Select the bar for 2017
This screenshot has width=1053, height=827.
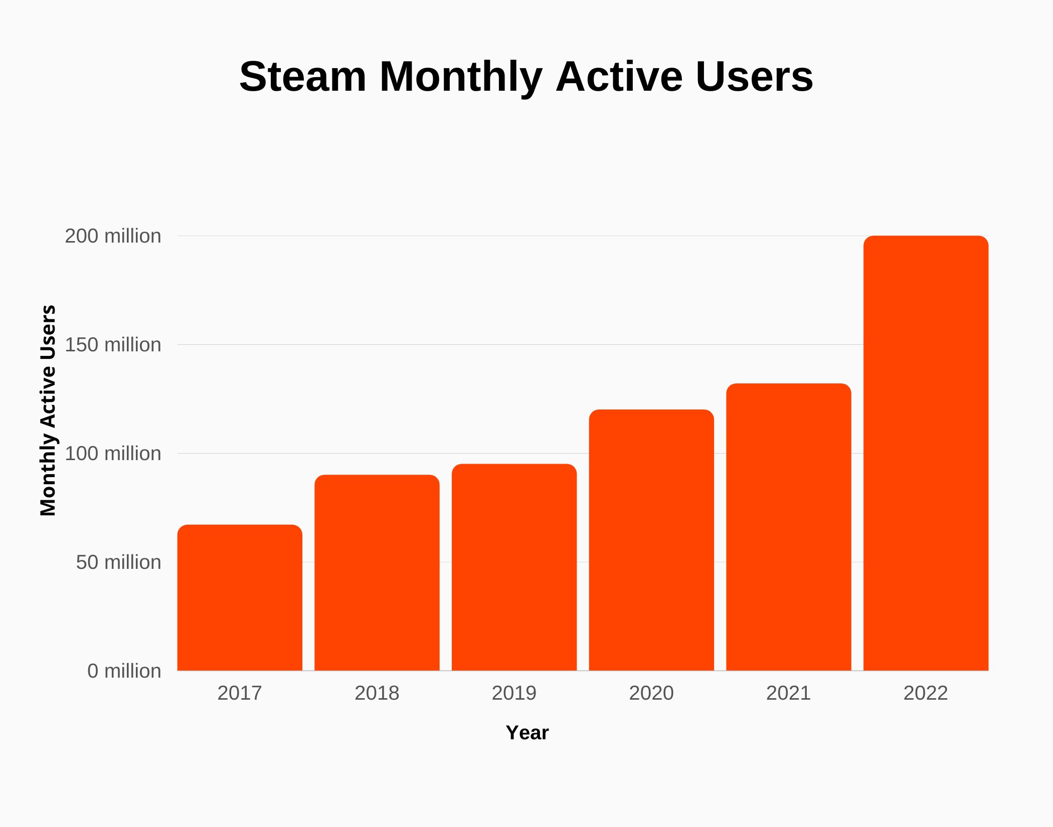[240, 597]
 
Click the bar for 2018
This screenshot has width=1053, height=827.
[377, 572]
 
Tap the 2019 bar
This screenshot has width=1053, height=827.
[514, 567]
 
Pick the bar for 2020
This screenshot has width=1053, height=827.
[651, 540]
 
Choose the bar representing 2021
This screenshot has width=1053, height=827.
[789, 527]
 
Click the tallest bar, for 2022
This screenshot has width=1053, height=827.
[926, 453]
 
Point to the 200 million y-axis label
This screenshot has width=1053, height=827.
[113, 236]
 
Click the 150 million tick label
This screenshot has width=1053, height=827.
[113, 345]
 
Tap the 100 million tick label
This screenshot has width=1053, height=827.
[113, 454]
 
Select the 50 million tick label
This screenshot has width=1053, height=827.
[118, 562]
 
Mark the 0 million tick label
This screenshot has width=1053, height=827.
[124, 671]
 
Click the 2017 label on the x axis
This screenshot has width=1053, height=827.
[240, 693]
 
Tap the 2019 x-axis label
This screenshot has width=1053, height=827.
[514, 693]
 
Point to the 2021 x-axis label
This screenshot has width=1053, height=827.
[789, 693]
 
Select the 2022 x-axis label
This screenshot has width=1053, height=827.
[926, 693]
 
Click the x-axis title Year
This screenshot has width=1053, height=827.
[527, 733]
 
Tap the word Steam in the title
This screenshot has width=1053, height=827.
[302, 77]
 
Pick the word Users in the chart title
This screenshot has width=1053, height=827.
[754, 77]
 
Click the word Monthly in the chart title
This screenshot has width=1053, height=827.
[460, 77]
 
